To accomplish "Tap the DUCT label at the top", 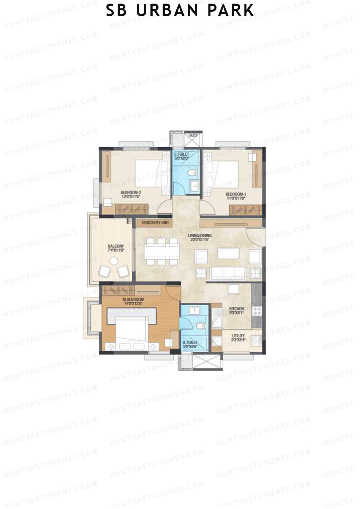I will coord(193,136).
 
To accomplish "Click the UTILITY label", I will coord(238,336).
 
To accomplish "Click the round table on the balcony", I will coord(114,261).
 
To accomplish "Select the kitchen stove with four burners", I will coord(257,311).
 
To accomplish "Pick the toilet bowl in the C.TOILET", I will coord(192,173).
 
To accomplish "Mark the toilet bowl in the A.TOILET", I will coord(200,326).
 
